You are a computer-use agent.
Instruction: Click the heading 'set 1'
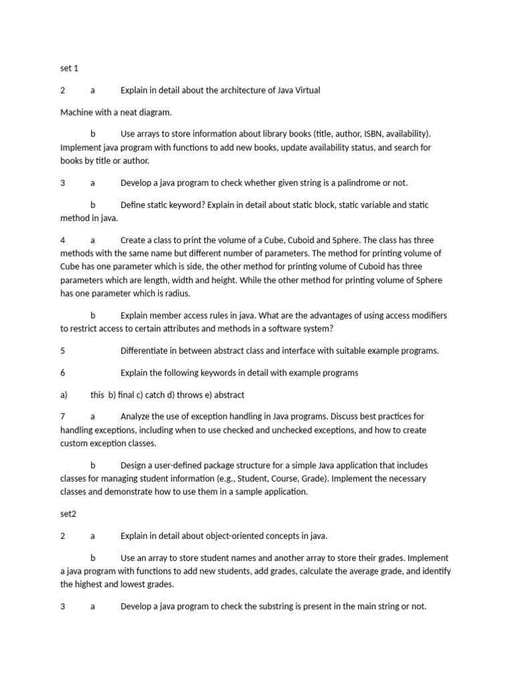[69, 68]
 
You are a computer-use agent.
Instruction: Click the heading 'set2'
[68, 514]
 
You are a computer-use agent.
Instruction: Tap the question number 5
[63, 351]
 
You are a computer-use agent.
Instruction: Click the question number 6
[63, 373]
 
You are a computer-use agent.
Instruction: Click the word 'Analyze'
[137, 417]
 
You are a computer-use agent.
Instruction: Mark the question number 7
[63, 417]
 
